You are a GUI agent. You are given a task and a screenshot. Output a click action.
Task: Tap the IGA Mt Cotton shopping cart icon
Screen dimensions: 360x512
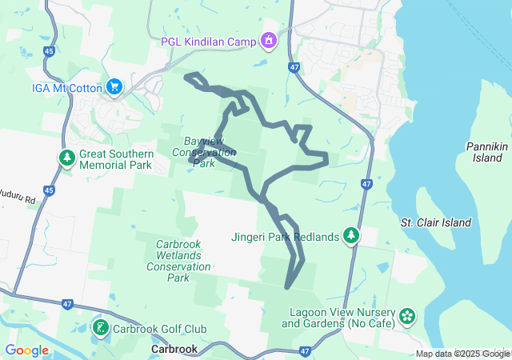114,86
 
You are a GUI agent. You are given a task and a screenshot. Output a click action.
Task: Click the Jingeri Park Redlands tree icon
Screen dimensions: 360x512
350,236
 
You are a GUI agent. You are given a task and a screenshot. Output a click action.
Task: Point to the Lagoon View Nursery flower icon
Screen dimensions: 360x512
407,317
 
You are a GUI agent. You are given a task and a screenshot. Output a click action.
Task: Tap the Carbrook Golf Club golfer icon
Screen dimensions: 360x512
100,328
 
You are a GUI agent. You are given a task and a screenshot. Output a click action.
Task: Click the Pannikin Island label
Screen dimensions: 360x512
486,152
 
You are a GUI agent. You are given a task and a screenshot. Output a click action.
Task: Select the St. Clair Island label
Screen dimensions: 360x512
436,222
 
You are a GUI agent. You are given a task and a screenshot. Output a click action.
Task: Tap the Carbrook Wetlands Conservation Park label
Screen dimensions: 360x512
178,261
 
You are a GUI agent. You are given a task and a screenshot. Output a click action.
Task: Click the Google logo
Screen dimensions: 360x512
27,350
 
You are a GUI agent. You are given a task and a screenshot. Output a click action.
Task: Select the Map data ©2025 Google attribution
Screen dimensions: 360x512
462,354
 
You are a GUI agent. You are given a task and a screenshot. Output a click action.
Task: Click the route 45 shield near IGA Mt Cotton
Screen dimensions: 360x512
50,52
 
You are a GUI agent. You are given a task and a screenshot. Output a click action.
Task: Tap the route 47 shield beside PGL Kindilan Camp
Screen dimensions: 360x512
295,68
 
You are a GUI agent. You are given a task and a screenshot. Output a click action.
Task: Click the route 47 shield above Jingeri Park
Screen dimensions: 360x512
366,184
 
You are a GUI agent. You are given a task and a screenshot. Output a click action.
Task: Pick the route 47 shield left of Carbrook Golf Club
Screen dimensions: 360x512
67,304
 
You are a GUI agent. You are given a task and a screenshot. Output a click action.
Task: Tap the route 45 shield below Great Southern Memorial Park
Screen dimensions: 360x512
50,190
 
